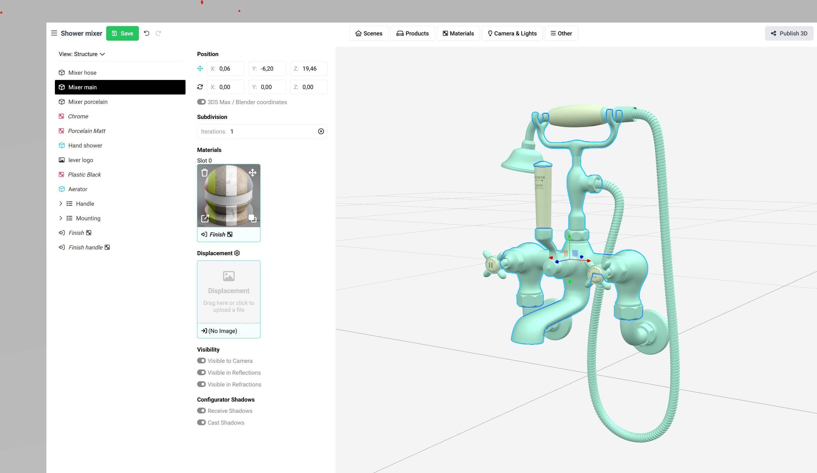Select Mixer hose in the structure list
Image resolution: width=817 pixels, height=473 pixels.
[82, 73]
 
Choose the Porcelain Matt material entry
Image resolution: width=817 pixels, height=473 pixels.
[86, 131]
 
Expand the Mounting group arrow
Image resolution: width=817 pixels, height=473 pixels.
[61, 218]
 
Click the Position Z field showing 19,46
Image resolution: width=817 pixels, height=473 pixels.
[309, 69]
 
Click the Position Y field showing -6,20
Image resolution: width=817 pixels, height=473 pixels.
[267, 69]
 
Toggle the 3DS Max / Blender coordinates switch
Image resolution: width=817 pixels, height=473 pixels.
[201, 102]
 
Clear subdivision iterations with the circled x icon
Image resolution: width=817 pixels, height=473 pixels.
[321, 131]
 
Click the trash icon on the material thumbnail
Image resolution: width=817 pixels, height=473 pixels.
[204, 172]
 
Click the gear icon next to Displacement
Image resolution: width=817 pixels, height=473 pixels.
[237, 253]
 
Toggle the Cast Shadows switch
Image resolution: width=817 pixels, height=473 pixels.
[201, 422]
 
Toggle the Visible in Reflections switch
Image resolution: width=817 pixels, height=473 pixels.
[201, 372]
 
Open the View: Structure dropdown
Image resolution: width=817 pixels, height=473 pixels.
[82, 54]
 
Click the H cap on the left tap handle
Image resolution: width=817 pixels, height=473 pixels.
[490, 265]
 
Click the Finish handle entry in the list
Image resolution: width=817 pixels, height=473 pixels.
[85, 247]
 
